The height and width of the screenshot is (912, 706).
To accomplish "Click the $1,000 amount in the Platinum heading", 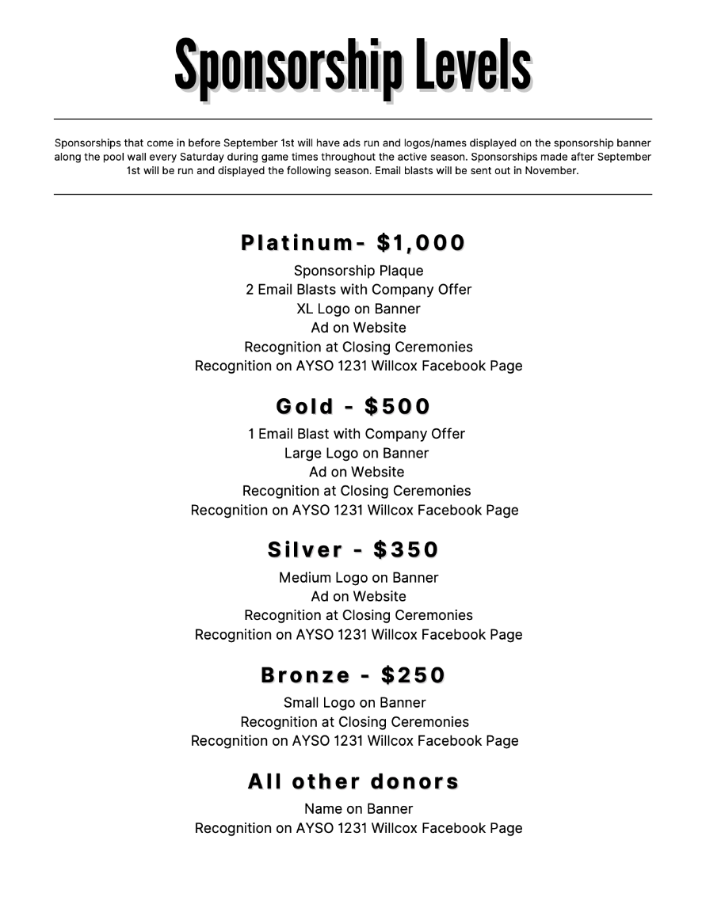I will click(422, 243).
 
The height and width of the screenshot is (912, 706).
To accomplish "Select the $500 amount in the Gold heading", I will click(397, 407).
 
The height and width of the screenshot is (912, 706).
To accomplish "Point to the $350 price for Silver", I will click(406, 550).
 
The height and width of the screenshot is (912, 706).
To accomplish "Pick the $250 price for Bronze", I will click(413, 675).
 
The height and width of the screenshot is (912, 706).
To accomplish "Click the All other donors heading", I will click(353, 782).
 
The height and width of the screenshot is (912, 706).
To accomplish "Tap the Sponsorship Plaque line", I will click(358, 271).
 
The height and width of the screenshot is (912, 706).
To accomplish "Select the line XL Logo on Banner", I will click(358, 309).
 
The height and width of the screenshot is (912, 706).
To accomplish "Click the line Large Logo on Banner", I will click(357, 454).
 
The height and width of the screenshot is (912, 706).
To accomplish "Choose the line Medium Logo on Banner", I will click(358, 578).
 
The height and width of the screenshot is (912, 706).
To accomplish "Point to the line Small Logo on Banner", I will click(355, 703).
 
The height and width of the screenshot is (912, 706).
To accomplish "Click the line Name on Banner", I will click(358, 809).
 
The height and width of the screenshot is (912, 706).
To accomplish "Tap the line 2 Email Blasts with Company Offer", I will click(358, 290).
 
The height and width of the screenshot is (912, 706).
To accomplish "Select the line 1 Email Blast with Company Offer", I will click(357, 434).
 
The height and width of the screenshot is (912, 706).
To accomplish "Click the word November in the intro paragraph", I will click(551, 170).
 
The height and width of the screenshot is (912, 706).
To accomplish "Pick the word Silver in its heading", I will click(305, 550).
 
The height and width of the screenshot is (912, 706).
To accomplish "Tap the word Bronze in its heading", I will click(305, 675).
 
